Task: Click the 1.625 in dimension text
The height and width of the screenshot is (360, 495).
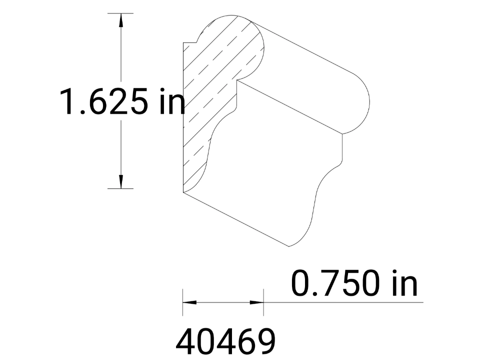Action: click(122, 101)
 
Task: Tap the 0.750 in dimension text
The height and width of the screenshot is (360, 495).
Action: click(354, 283)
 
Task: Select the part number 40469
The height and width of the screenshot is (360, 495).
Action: click(225, 341)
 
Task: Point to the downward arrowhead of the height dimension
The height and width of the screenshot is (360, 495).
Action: click(120, 182)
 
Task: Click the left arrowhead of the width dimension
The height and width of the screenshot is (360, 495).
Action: click(189, 302)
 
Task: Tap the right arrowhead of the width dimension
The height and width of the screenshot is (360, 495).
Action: click(256, 302)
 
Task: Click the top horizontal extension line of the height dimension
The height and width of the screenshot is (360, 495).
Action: click(120, 13)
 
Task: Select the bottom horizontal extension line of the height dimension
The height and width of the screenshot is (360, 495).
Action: click(120, 188)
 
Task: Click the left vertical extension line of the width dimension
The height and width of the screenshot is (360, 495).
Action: click(182, 302)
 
